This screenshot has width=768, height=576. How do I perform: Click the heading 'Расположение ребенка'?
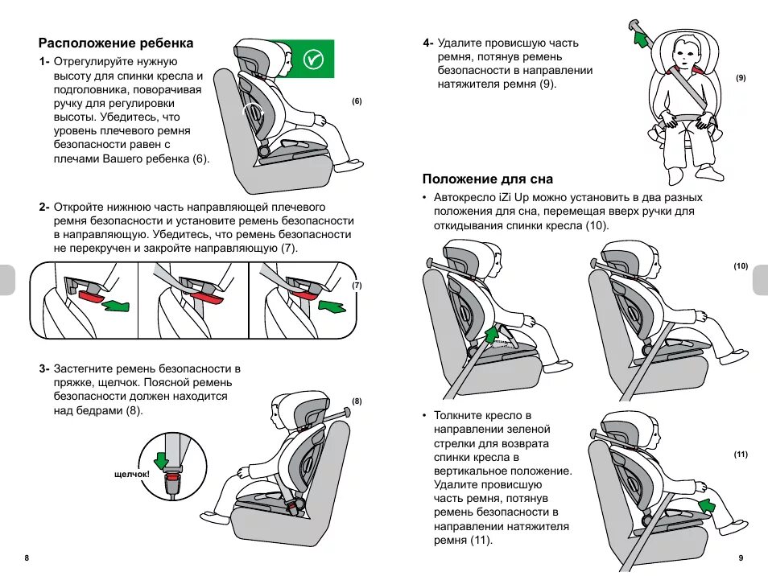(116, 43)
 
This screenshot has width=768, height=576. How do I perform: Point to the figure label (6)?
(357, 101)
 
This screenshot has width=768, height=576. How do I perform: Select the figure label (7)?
(357, 286)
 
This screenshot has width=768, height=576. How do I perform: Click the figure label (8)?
(357, 401)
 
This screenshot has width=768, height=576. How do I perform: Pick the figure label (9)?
(741, 78)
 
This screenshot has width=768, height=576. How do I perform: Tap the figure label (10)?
(741, 266)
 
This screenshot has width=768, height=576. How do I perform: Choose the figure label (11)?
(741, 455)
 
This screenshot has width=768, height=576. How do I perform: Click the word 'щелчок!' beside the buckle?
(132, 474)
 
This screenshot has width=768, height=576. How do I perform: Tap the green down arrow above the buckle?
(163, 460)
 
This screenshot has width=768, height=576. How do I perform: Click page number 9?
(741, 558)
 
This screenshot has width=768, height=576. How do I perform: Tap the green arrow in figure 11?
(708, 504)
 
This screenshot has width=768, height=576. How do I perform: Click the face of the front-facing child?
(684, 56)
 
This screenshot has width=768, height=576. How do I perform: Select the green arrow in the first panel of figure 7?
(118, 304)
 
